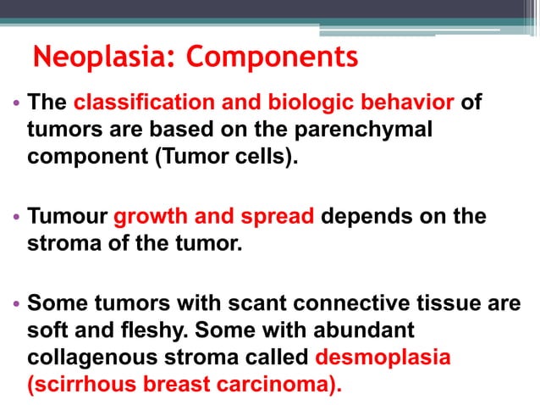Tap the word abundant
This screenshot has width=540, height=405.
369,330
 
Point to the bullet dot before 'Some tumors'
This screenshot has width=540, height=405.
17,303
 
